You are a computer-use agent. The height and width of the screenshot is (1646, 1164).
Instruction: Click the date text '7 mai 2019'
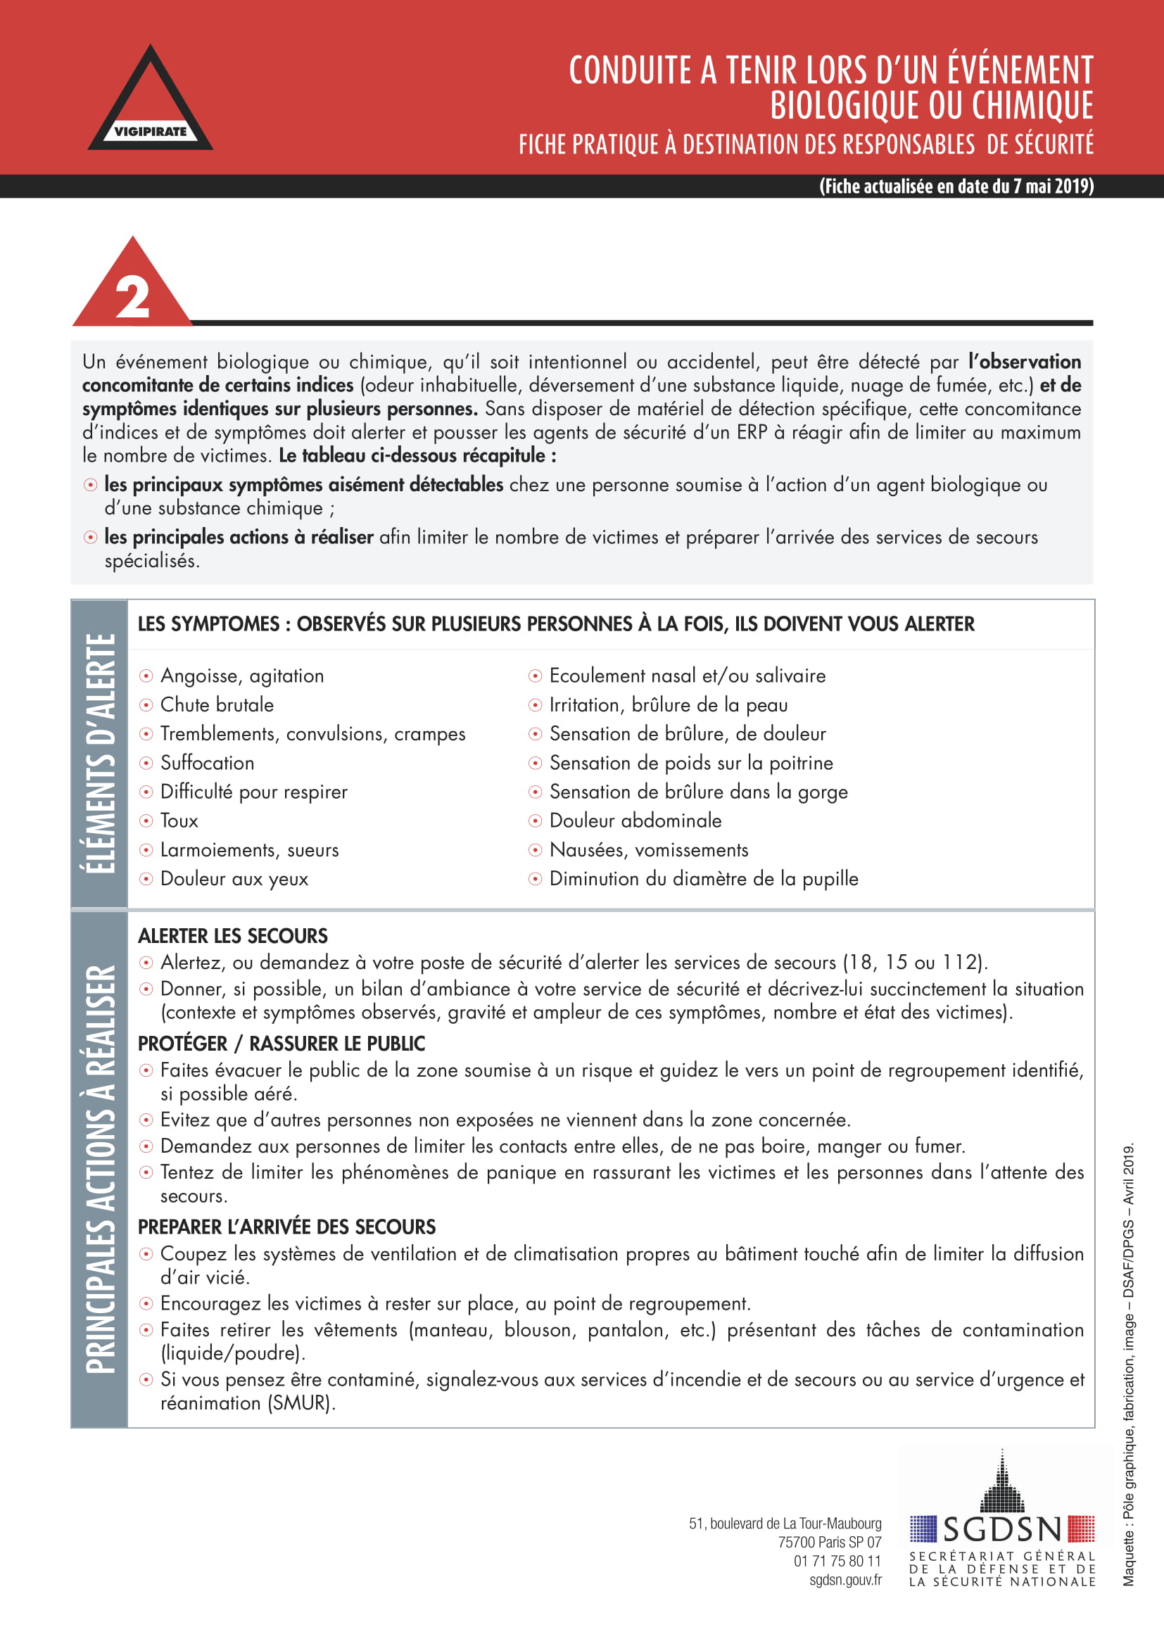pos(1052,186)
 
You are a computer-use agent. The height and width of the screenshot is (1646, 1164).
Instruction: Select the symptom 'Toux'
pos(179,821)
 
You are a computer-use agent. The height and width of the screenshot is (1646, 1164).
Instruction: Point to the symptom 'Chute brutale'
pos(217,704)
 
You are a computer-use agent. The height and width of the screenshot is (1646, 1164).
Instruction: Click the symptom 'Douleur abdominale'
pos(635,821)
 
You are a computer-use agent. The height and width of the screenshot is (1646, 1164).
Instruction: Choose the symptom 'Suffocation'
pos(207,763)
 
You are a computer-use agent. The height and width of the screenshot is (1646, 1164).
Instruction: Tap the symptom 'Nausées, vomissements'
pos(649,850)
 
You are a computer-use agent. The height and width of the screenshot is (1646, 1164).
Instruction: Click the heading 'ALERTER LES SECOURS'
pos(233,935)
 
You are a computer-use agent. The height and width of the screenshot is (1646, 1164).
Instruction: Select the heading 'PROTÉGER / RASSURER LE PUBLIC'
pos(281,1044)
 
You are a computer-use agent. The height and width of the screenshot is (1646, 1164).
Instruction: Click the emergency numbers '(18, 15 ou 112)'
pos(915,962)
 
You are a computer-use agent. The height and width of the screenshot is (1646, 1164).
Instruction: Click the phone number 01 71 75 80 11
pos(837,1561)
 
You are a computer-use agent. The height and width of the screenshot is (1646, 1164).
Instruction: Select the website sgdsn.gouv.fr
pos(845,1579)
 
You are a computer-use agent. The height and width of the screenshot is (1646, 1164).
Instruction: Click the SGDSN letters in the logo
pos(1002,1529)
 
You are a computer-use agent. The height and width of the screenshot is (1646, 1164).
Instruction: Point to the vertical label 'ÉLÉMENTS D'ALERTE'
pos(100,754)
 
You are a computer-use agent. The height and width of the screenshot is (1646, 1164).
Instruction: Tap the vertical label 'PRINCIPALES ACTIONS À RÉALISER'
pos(100,1169)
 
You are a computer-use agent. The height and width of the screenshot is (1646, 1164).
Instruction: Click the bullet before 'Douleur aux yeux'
pos(146,879)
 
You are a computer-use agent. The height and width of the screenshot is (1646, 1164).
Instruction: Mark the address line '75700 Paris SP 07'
pos(829,1542)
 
